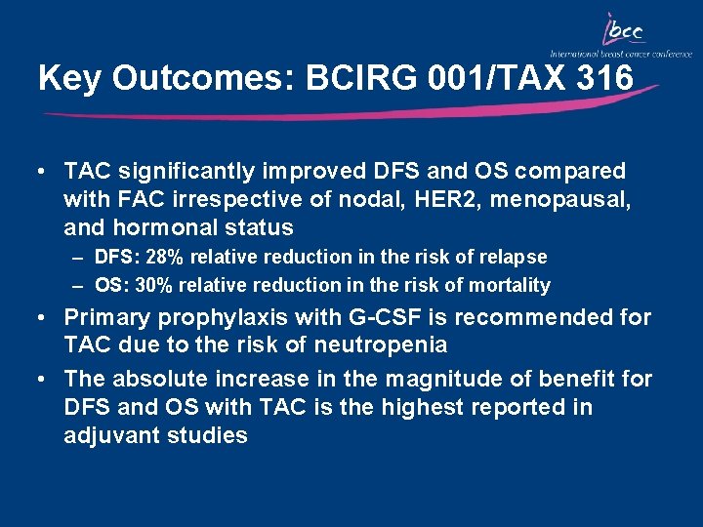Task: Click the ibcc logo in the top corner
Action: (625, 32)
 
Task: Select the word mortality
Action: (511, 286)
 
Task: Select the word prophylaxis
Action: (218, 318)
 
